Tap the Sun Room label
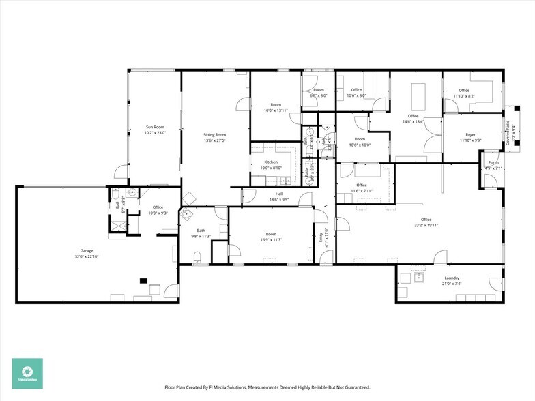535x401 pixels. [155, 127]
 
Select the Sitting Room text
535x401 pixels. [214, 135]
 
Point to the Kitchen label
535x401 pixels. [271, 162]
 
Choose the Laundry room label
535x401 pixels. [451, 278]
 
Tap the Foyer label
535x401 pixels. [470, 135]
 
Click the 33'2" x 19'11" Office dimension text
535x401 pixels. [426, 224]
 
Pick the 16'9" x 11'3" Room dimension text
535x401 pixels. [271, 239]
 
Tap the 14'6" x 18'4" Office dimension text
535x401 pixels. [413, 121]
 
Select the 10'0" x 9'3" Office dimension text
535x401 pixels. [158, 213]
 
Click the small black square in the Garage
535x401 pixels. [143, 280]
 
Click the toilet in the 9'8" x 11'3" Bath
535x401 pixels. [198, 257]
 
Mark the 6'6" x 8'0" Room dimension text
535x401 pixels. [319, 95]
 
